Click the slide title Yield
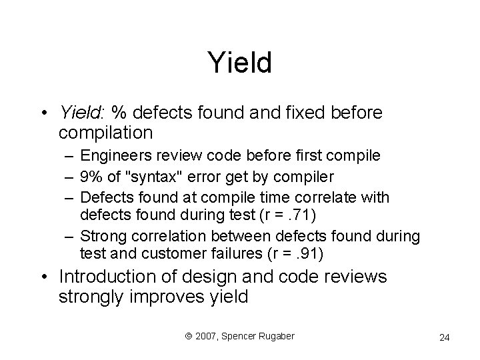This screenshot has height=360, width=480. coord(240,63)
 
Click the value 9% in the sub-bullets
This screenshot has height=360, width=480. coord(91,177)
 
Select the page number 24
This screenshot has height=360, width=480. coord(444,338)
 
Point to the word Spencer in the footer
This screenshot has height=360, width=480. coord(238,336)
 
